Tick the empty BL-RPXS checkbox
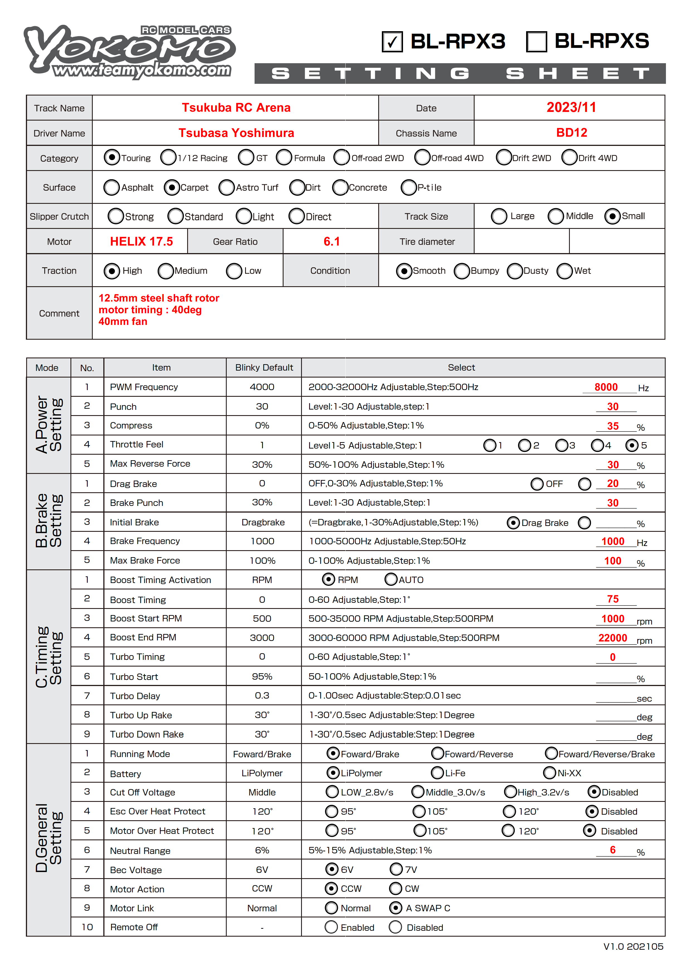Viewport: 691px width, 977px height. tap(536, 42)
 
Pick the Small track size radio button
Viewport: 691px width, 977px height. tap(612, 216)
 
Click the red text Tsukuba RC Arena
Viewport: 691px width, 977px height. tap(236, 108)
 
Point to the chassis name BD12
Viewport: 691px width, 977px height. tap(571, 133)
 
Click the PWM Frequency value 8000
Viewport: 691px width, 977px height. tap(605, 387)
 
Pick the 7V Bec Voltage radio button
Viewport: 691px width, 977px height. tap(396, 869)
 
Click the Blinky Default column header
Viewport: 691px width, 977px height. tap(264, 368)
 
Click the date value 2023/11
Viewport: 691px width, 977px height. tap(571, 108)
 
